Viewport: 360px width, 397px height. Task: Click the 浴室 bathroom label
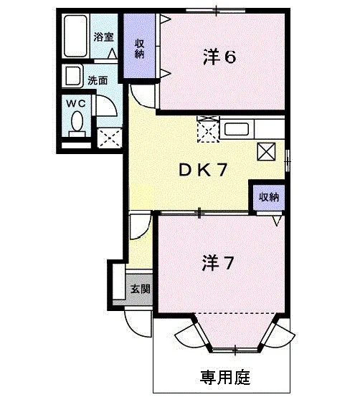coord(103,37)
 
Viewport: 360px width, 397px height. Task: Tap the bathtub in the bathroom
coord(75,36)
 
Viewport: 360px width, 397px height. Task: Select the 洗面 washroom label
coord(98,80)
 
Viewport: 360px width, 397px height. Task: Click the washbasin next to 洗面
coord(73,76)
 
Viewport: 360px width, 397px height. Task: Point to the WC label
coord(76,103)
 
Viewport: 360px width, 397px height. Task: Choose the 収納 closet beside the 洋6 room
coord(139,46)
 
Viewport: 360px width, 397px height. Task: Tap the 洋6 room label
coord(219,57)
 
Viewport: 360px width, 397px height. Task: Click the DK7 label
coord(203,170)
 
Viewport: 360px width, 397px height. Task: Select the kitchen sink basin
coord(236,129)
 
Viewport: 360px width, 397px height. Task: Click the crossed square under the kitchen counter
coord(266,151)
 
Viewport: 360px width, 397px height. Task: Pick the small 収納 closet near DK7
coord(269,198)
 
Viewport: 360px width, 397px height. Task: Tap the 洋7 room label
coord(217,263)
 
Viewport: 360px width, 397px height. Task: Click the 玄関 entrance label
coord(141,289)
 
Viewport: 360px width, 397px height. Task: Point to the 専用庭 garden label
coord(225,378)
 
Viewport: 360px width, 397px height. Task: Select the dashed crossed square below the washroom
coord(110,138)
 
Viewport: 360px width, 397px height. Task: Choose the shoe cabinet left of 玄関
coord(119,282)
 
